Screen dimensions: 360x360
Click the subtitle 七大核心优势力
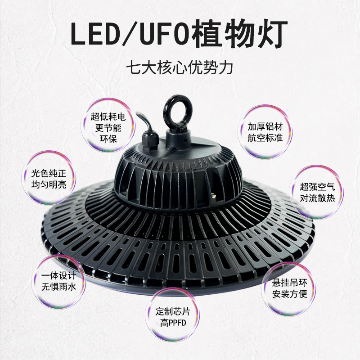pos(180,69)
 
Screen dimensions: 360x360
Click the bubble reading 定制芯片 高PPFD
pos(176,317)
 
